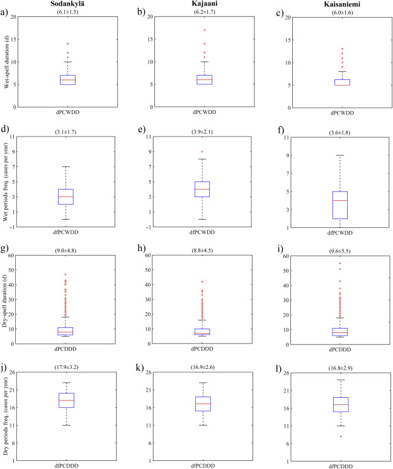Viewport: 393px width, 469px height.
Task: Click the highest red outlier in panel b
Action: [203, 30]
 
